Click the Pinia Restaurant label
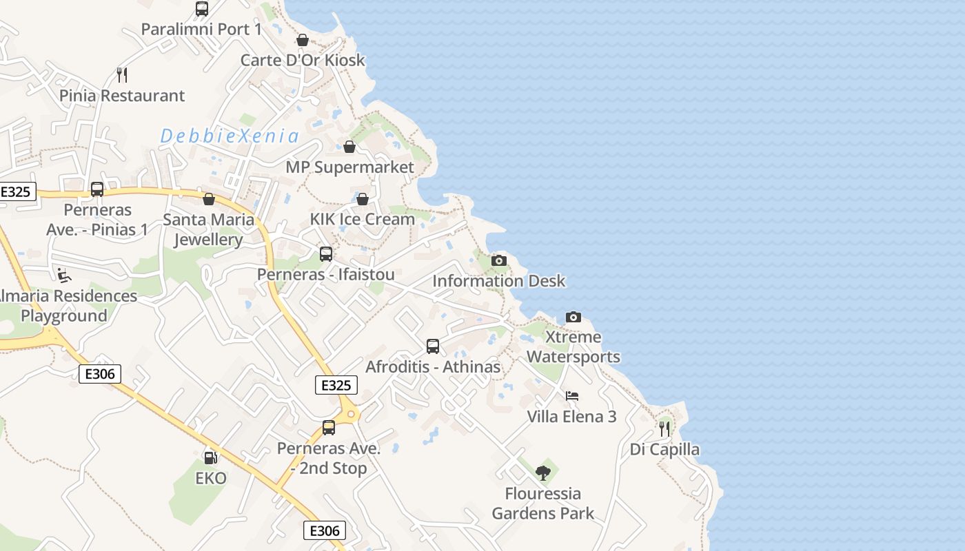click(122, 96)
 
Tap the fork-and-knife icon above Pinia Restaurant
click(122, 74)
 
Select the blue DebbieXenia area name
click(230, 136)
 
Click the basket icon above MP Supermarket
click(349, 147)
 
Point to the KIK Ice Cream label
click(363, 219)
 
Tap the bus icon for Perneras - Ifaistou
click(326, 254)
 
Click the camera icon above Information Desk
click(498, 260)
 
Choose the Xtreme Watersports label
click(573, 347)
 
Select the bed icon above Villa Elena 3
click(572, 396)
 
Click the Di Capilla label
click(664, 450)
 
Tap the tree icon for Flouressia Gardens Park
click(543, 472)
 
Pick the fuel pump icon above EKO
click(210, 457)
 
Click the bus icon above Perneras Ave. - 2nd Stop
click(329, 428)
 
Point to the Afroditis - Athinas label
click(433, 367)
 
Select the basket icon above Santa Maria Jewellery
click(209, 199)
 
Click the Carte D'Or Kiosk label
click(303, 61)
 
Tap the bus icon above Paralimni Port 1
click(202, 9)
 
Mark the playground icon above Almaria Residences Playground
click(64, 275)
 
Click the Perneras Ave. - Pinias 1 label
click(97, 220)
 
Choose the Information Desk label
click(498, 281)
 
